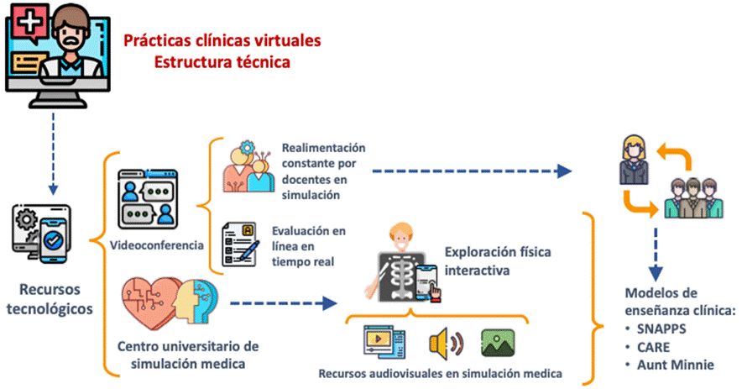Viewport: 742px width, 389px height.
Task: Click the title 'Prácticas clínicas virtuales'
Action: click(x=222, y=40)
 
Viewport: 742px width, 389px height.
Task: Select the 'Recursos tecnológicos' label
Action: click(x=51, y=298)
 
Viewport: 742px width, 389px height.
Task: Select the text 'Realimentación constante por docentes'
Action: click(x=323, y=171)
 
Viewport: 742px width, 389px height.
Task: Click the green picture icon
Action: click(x=497, y=342)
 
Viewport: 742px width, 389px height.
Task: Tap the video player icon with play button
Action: click(x=384, y=343)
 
